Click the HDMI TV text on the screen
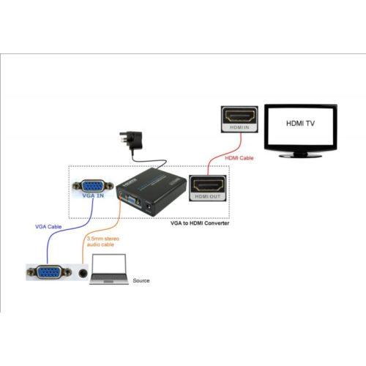pyautogui.click(x=300, y=123)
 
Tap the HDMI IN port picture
pyautogui.click(x=239, y=119)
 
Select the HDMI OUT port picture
pyautogui.click(x=208, y=188)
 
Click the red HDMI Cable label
pyautogui.click(x=239, y=158)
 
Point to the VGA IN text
pyautogui.click(x=93, y=195)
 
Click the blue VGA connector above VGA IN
pyautogui.click(x=93, y=186)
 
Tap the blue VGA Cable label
pyautogui.click(x=48, y=227)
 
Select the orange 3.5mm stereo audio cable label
pyautogui.click(x=103, y=242)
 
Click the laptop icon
pyautogui.click(x=109, y=269)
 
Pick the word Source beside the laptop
pyautogui.click(x=141, y=280)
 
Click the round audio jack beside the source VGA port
pyautogui.click(x=83, y=273)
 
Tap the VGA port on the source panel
pyautogui.click(x=49, y=272)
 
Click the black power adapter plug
pyautogui.click(x=131, y=141)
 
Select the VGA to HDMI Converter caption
pyautogui.click(x=200, y=223)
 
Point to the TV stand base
pyautogui.click(x=301, y=155)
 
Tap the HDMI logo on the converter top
pyautogui.click(x=130, y=182)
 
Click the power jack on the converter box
pyautogui.click(x=148, y=206)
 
